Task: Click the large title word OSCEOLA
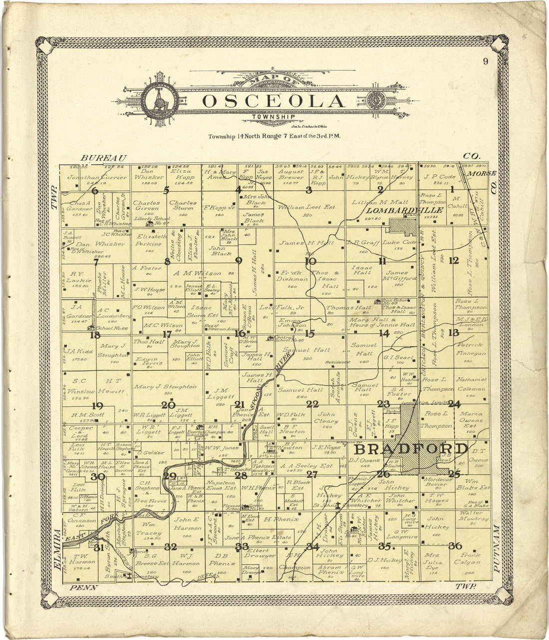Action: (x=274, y=101)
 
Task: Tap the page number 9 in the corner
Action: (x=485, y=61)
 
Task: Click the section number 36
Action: (x=455, y=546)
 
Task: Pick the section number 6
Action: (x=95, y=190)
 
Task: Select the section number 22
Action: (x=312, y=404)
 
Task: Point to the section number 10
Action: (x=310, y=260)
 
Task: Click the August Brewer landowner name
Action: (x=291, y=174)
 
